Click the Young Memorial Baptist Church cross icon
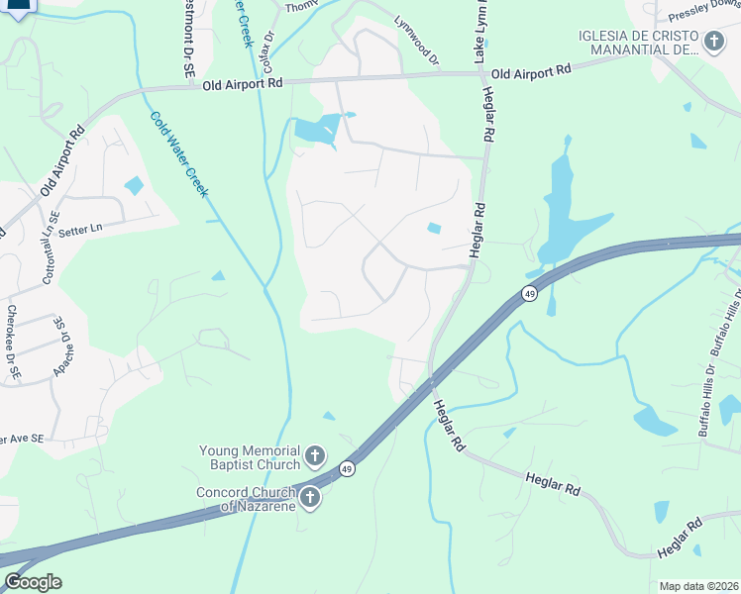315,456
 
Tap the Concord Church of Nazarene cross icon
310,498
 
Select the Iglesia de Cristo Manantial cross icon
714,41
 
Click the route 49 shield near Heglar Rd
530,294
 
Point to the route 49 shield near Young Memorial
347,468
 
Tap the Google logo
32,582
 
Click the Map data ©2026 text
698,586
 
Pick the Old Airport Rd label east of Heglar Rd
532,72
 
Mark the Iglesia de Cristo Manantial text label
640,44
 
